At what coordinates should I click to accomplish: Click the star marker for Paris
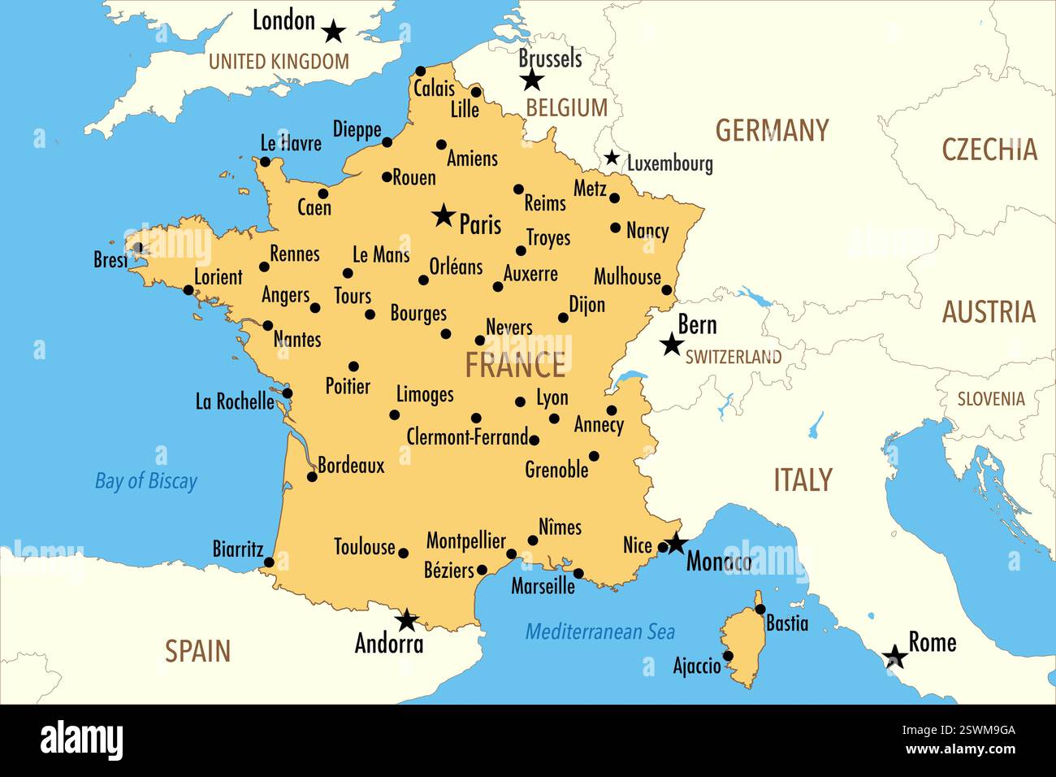click(444, 215)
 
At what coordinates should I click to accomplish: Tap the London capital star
click(333, 32)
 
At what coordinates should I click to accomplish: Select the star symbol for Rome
click(895, 657)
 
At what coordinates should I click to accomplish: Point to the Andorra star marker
click(406, 621)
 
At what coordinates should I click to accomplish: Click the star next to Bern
click(671, 345)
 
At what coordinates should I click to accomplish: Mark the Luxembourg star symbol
click(612, 158)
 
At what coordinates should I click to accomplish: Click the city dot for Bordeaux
click(312, 477)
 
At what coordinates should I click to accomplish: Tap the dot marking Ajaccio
click(728, 656)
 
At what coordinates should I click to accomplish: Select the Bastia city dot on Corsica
click(760, 609)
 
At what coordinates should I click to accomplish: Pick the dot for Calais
click(420, 71)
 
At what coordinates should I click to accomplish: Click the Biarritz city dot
click(269, 562)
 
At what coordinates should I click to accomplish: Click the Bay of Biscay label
click(146, 481)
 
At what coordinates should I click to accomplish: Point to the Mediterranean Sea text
click(599, 632)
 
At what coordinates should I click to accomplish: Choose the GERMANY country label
click(772, 130)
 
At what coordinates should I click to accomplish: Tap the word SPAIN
click(198, 651)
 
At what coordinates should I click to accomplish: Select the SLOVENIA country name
click(990, 399)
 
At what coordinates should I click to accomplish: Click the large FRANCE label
click(515, 366)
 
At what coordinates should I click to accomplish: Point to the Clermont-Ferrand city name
click(467, 437)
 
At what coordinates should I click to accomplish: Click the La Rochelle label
click(235, 401)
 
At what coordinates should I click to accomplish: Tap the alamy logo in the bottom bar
click(82, 740)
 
